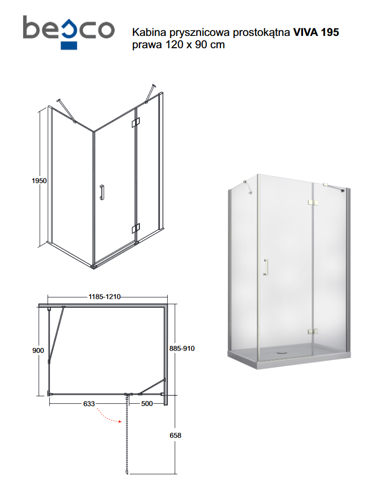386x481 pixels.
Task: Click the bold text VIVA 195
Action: coord(316,33)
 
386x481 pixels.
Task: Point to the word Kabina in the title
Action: coord(147,33)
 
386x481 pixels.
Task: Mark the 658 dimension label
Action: coord(175,435)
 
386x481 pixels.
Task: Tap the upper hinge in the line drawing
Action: coord(136,122)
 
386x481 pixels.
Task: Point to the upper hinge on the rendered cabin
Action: coord(313,202)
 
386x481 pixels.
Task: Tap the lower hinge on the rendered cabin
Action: coord(313,332)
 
